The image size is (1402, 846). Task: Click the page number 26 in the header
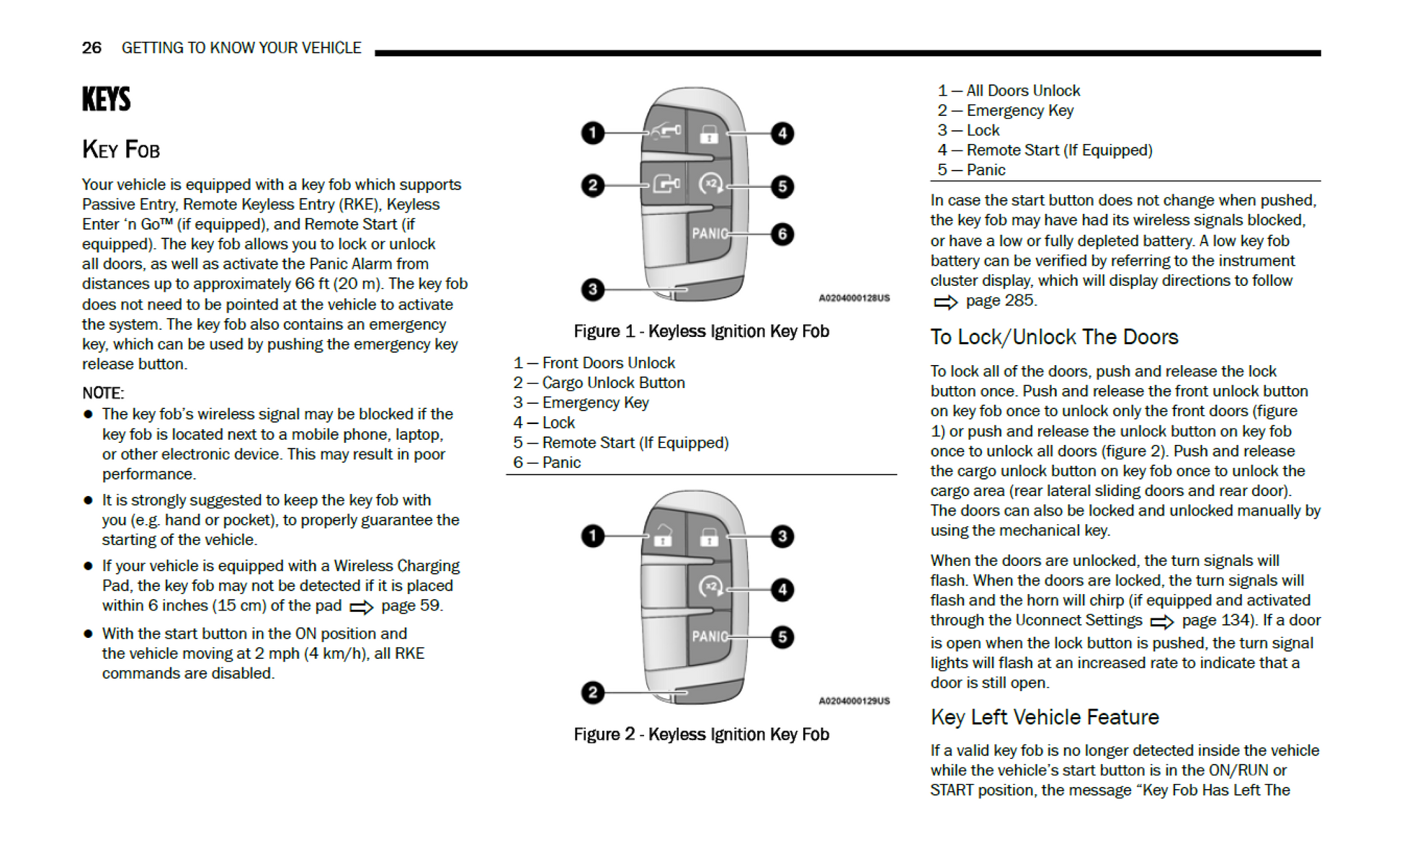[91, 48]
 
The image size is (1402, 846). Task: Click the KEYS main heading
[106, 99]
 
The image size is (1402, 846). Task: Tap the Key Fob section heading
[121, 149]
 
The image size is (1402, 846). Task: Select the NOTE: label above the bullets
[103, 393]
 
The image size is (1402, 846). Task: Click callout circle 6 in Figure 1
[782, 234]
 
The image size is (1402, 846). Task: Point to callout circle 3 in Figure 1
[592, 289]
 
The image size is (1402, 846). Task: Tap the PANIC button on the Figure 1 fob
[710, 234]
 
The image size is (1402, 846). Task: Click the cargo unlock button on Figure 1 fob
[666, 185]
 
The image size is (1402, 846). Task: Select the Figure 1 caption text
[701, 331]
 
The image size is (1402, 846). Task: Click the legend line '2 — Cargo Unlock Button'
[599, 383]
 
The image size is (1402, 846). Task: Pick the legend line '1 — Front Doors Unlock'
[594, 363]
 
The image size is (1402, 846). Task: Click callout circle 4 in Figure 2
[782, 590]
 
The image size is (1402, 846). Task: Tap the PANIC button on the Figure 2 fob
[710, 637]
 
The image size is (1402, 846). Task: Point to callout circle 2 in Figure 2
[592, 693]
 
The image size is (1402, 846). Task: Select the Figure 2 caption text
[701, 734]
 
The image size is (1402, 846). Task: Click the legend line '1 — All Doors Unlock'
[1009, 91]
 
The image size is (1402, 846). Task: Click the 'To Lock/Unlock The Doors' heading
[1054, 337]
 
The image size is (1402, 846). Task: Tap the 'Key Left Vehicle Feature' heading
[1045, 717]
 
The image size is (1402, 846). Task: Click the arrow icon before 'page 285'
[945, 302]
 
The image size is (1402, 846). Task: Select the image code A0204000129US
[854, 701]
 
